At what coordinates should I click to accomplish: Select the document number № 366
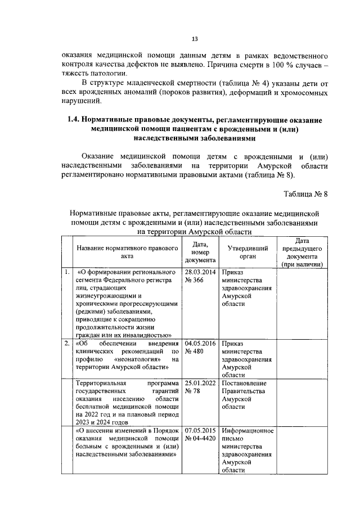click(x=193, y=280)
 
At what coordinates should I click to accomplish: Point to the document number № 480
click(x=193, y=351)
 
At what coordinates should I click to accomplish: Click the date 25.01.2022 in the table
click(x=200, y=383)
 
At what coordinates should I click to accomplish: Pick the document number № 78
click(x=192, y=391)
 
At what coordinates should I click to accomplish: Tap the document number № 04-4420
click(x=200, y=439)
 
